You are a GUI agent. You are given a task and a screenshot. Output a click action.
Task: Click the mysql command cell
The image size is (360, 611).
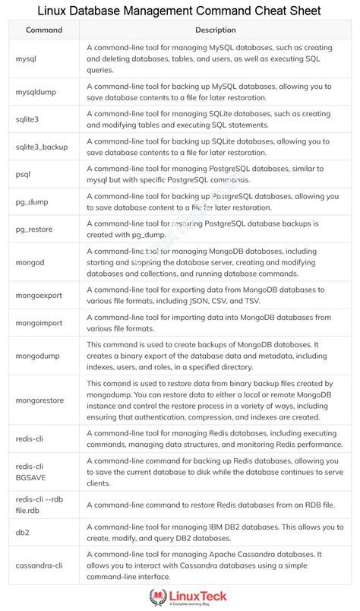click(x=27, y=58)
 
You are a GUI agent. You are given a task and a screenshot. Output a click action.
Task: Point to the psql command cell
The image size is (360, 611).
click(x=24, y=173)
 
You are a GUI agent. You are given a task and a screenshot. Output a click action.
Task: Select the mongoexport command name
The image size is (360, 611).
click(x=41, y=296)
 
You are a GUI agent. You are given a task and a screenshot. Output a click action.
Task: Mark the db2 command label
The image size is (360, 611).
click(x=22, y=532)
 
